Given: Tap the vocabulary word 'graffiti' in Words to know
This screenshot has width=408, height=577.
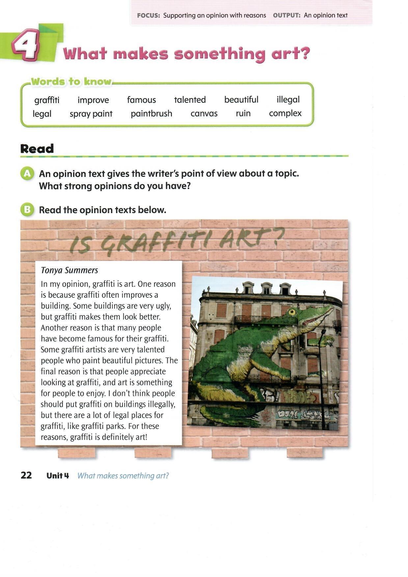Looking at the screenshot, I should (x=47, y=100).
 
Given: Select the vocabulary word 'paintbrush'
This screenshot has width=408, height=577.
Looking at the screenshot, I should (x=151, y=114).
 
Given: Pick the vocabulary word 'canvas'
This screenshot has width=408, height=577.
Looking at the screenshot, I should (x=204, y=114).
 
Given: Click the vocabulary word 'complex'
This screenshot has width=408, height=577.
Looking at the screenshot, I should (x=285, y=113).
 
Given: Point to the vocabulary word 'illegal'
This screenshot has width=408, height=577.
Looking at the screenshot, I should (x=288, y=99).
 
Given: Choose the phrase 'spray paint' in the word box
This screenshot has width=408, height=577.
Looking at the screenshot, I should (x=91, y=114).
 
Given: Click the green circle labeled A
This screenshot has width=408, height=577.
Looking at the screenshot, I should (x=27, y=174).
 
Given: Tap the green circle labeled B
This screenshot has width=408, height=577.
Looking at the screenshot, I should (x=27, y=210).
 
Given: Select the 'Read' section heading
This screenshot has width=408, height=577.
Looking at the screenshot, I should (x=37, y=149).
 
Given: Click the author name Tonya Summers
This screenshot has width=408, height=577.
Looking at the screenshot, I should (x=69, y=270).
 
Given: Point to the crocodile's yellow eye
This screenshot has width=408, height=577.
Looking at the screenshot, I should (x=291, y=311).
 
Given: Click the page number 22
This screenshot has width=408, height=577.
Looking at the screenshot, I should (x=26, y=475).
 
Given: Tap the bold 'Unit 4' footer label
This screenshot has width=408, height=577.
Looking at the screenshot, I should (x=58, y=476).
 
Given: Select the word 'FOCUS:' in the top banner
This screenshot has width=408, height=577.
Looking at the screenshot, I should (x=149, y=15).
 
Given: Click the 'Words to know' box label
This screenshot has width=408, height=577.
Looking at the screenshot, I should (x=71, y=82).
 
